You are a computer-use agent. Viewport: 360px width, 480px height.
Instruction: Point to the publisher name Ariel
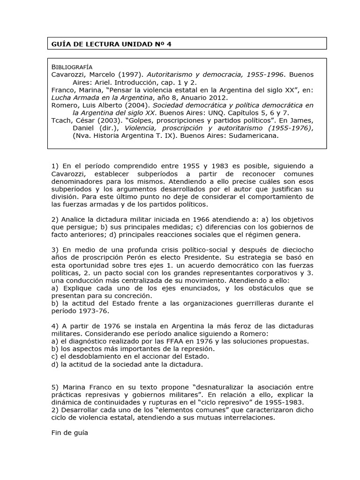[x=99, y=82]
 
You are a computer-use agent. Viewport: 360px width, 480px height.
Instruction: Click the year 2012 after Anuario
[x=217, y=97]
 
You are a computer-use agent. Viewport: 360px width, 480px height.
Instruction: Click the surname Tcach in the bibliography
[x=61, y=120]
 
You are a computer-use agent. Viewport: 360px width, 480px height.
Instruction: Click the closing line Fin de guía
[x=69, y=433]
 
